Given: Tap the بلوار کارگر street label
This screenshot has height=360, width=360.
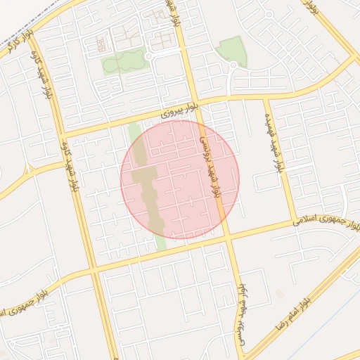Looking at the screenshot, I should (x=13, y=44).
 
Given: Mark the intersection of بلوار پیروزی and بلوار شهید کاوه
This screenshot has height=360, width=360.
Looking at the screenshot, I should (x=62, y=134).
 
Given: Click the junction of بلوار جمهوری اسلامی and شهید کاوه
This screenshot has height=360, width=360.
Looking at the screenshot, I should (x=94, y=269).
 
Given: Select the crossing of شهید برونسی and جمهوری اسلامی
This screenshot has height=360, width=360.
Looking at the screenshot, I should (x=228, y=237).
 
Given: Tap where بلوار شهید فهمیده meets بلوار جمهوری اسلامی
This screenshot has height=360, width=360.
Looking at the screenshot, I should (x=295, y=224).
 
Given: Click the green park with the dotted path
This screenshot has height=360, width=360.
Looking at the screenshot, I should (x=124, y=62).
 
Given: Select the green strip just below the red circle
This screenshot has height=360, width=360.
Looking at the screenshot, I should (x=161, y=243).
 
